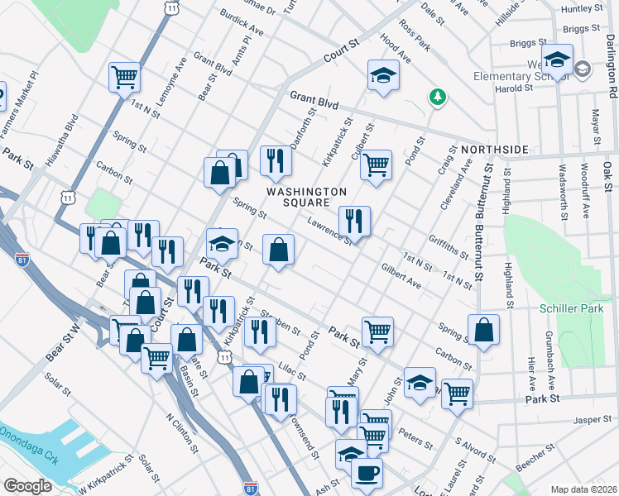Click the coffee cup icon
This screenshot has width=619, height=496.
pyautogui.click(x=367, y=474)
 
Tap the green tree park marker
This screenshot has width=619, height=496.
pyautogui.click(x=437, y=98)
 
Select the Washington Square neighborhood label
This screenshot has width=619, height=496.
pyautogui.click(x=306, y=198)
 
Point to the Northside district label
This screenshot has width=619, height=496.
pyautogui.click(x=495, y=149)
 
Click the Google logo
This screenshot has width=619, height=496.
pyautogui.click(x=27, y=485)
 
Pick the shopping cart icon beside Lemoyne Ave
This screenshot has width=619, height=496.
pyautogui.click(x=124, y=77)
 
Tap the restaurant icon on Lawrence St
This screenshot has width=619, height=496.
pyautogui.click(x=354, y=220)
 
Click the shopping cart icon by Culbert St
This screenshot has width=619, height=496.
pyautogui.click(x=376, y=165)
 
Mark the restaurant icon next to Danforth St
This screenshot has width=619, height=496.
pyautogui.click(x=276, y=160)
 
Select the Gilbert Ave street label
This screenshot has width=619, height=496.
pyautogui.click(x=401, y=276)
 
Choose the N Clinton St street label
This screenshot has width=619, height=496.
pyautogui.click(x=183, y=434)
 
